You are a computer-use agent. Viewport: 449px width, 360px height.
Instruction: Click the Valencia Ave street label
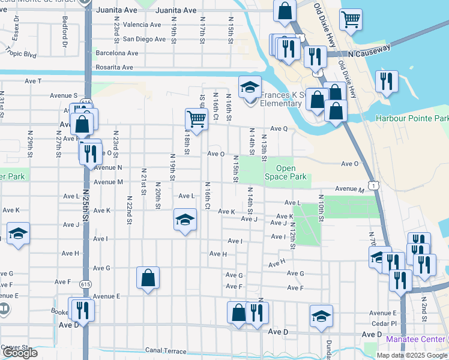pyautogui.click(x=142, y=25)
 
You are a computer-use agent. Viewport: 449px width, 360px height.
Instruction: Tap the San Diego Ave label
pyautogui.click(x=143, y=39)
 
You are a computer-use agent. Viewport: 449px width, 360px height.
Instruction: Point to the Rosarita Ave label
pyautogui.click(x=114, y=67)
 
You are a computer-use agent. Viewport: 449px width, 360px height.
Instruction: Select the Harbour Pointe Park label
pyautogui.click(x=412, y=119)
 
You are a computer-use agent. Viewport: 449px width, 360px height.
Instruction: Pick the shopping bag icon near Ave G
pyautogui.click(x=148, y=277)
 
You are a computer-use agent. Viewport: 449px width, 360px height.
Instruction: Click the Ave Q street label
pyautogui.click(x=279, y=128)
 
